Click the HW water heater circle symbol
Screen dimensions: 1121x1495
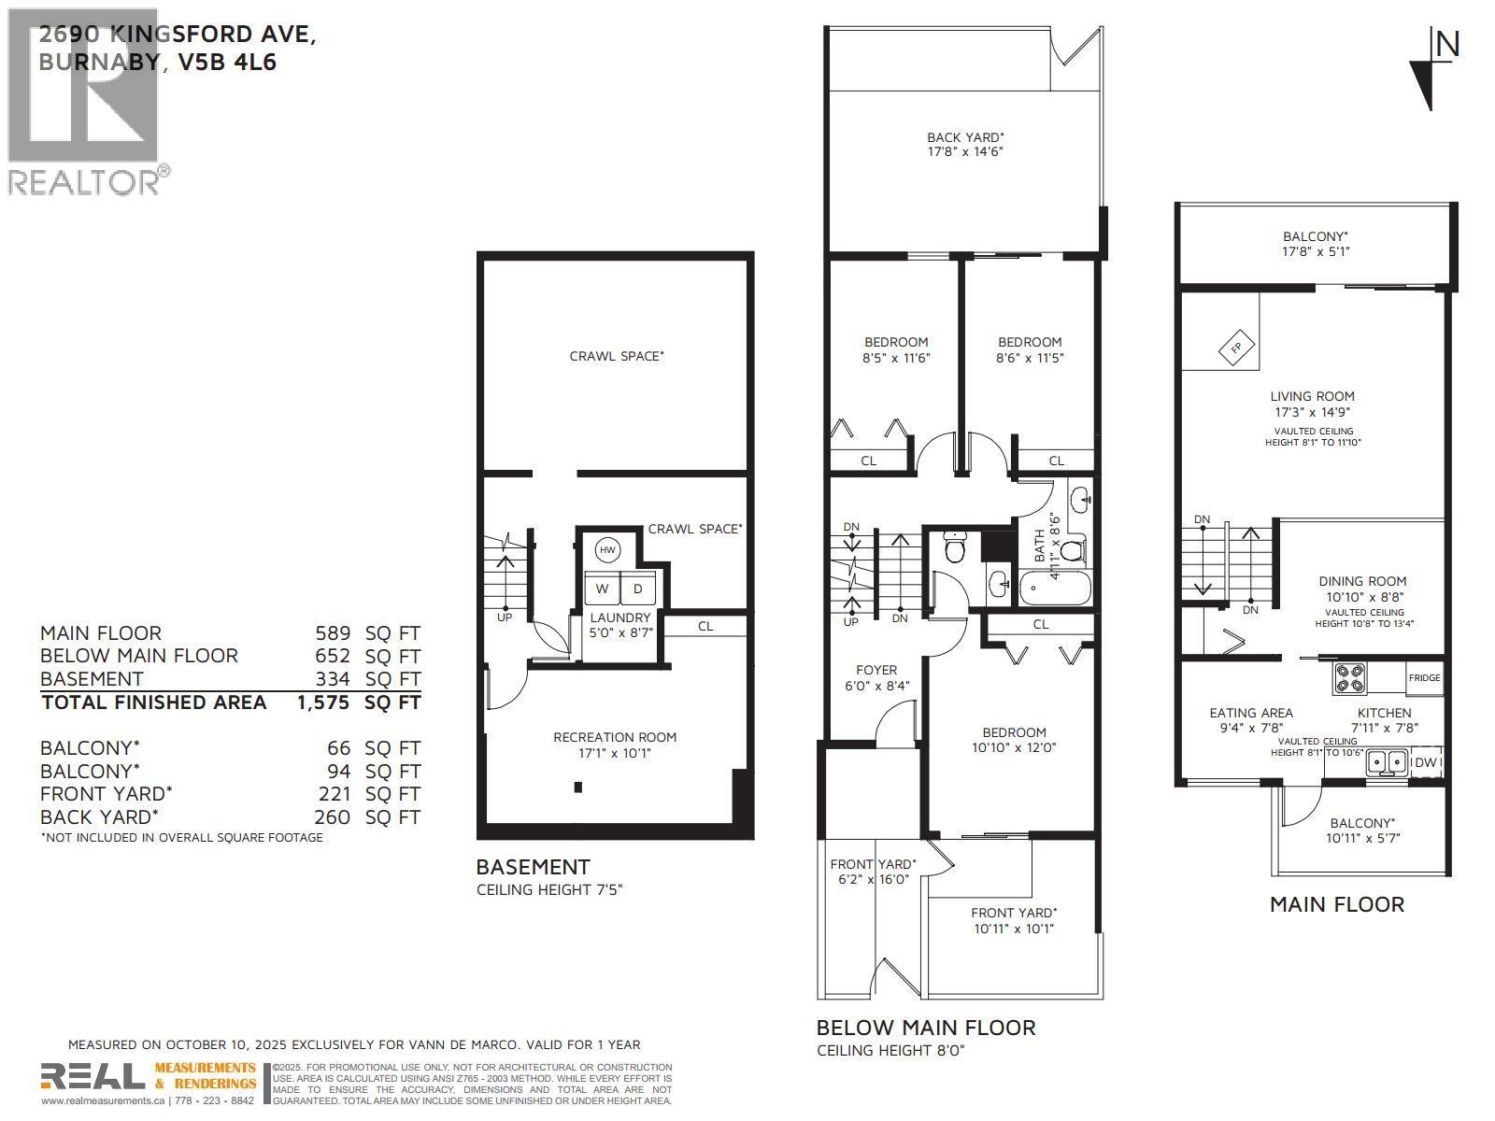click(x=607, y=550)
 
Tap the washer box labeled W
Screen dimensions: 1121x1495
click(x=603, y=589)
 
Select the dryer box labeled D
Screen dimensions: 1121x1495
click(x=638, y=589)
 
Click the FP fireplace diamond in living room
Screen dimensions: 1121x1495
click(x=1235, y=348)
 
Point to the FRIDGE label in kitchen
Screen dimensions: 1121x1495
click(x=1424, y=678)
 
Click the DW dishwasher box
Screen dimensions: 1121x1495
click(x=1425, y=763)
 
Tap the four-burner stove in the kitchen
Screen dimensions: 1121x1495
click(x=1349, y=677)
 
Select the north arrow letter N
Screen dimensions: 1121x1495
click(x=1446, y=44)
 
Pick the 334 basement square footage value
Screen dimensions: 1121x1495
click(x=333, y=679)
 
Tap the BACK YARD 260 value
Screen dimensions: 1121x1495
click(x=333, y=817)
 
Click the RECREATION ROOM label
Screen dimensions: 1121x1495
click(x=614, y=737)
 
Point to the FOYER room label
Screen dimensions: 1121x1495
click(x=876, y=670)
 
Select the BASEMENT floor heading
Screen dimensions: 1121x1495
click(x=533, y=867)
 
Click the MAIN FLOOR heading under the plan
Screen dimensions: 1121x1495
click(x=1336, y=904)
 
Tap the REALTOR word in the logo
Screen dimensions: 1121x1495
click(x=84, y=181)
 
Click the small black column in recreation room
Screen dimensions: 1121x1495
click(x=578, y=788)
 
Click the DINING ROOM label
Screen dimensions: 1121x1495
click(x=1361, y=581)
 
